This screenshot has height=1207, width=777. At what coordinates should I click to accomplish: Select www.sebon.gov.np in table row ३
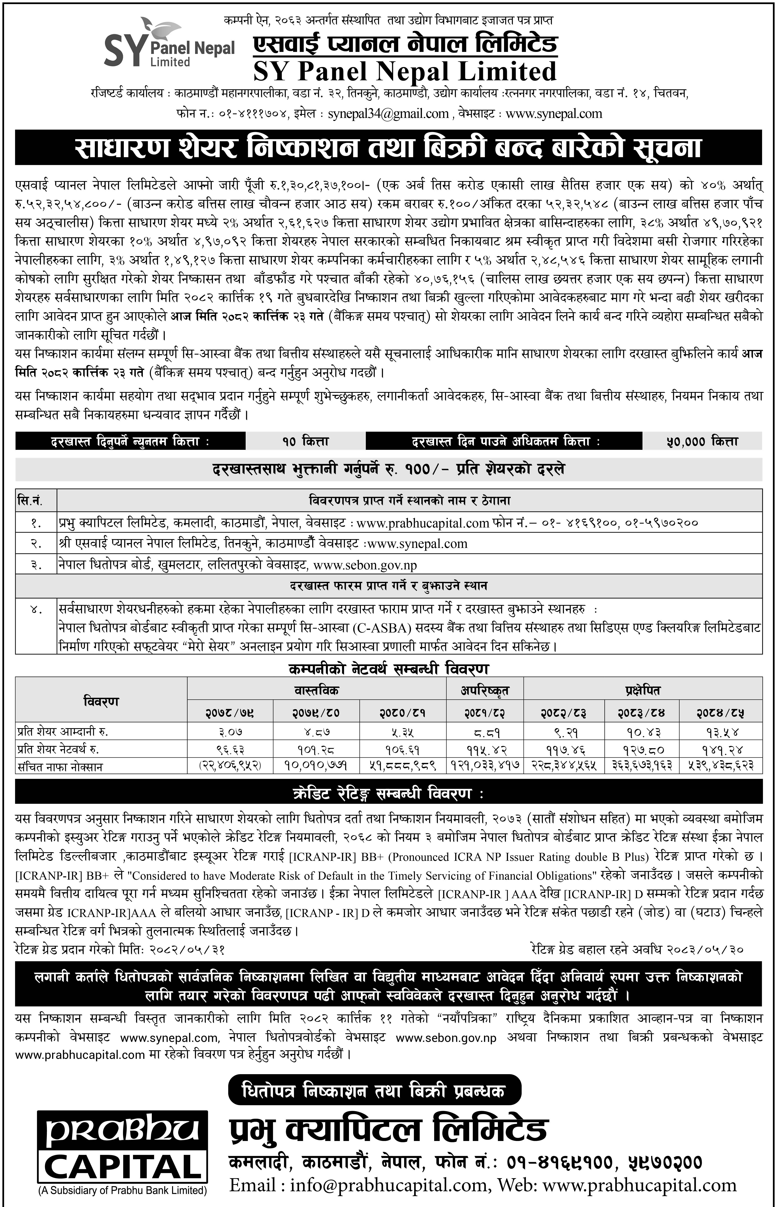(365, 565)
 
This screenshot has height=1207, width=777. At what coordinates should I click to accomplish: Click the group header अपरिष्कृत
(484, 690)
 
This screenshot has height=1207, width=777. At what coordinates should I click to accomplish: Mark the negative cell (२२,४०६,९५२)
(230, 766)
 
